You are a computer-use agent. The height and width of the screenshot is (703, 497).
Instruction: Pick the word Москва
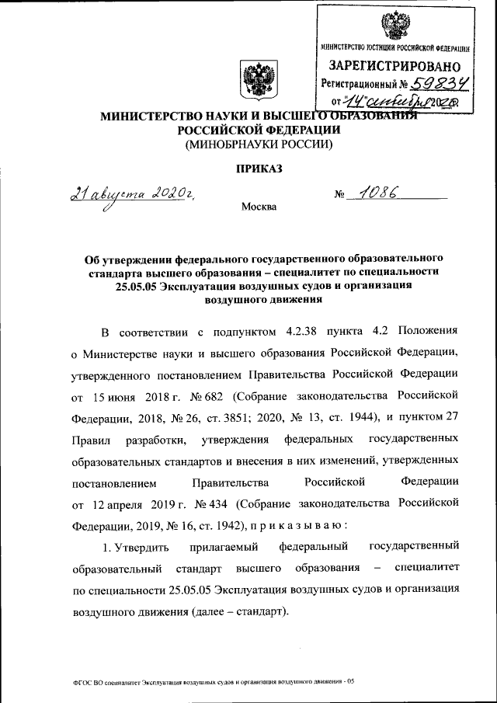258,207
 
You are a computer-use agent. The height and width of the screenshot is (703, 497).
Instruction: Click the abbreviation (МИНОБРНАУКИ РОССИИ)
257,144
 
